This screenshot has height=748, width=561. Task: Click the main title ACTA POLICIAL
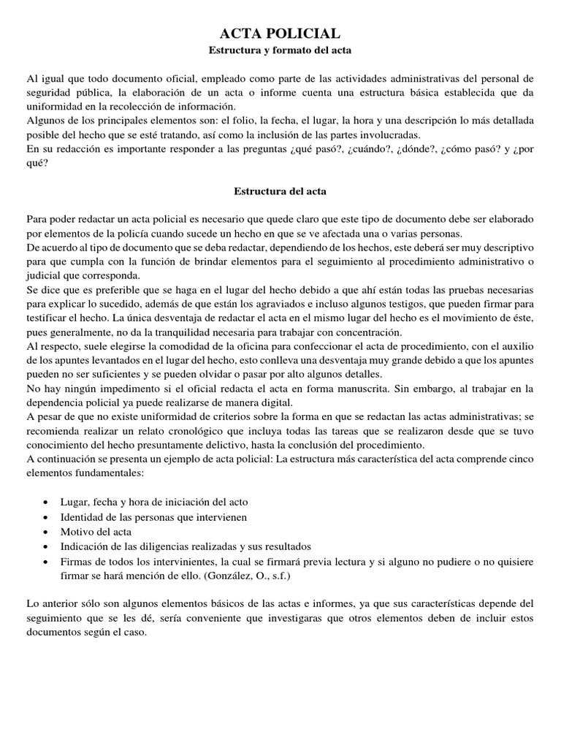(280, 33)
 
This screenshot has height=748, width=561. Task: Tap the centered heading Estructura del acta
(280, 191)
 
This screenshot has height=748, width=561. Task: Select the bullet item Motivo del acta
(96, 531)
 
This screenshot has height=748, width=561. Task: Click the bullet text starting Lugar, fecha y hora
(153, 503)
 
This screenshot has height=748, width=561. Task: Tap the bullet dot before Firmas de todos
(47, 562)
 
